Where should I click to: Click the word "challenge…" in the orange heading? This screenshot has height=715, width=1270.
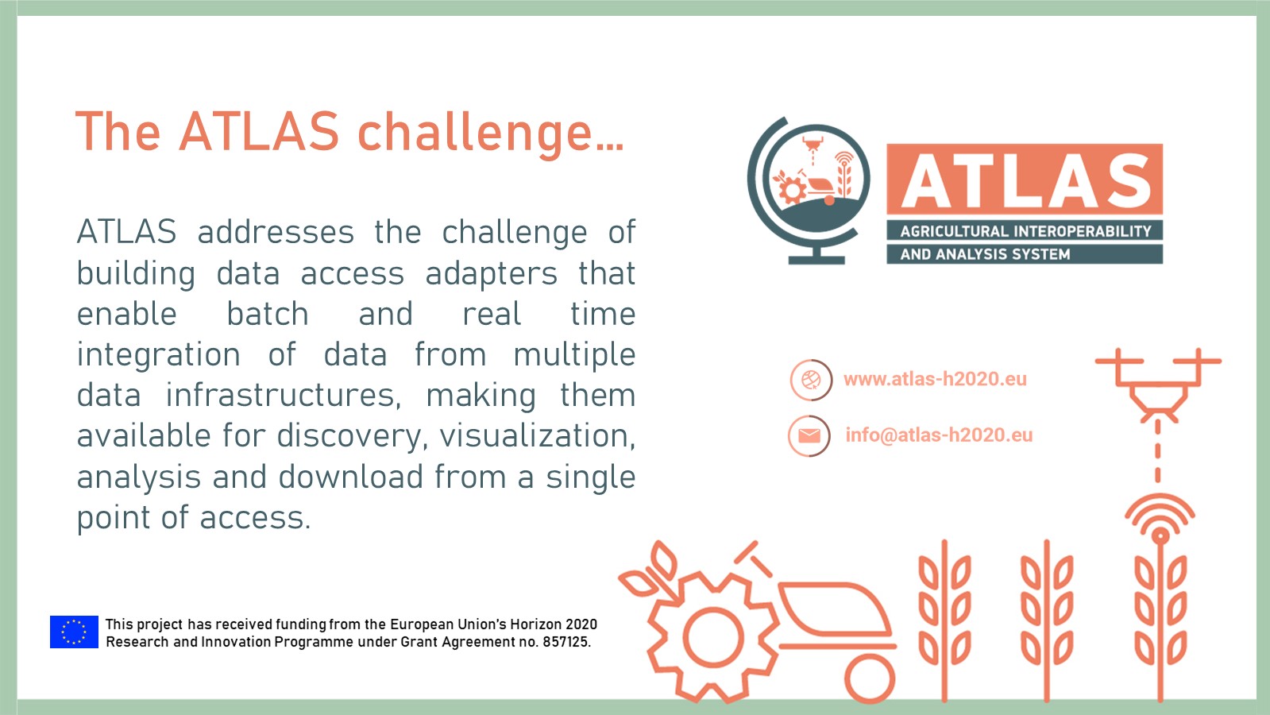tap(491, 133)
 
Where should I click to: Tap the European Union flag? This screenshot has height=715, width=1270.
tap(75, 632)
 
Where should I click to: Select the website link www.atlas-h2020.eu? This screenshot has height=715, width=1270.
tap(935, 379)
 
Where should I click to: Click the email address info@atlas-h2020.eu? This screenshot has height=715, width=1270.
tap(939, 435)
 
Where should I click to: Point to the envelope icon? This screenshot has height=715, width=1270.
tap(809, 435)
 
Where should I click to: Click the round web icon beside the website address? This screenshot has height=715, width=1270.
tap(811, 379)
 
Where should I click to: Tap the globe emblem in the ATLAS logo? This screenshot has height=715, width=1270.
tap(809, 190)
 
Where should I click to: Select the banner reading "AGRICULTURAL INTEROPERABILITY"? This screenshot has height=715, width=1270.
tap(1025, 230)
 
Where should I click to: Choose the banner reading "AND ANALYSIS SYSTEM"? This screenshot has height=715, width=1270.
tap(1025, 254)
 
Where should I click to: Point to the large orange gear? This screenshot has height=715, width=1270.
tap(712, 638)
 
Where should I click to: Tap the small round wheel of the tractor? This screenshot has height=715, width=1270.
tap(870, 678)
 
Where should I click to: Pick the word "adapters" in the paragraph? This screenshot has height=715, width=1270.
tap(492, 274)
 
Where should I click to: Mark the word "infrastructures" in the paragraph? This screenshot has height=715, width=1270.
tap(284, 395)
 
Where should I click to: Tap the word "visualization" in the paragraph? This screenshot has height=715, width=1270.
tap(538, 435)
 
